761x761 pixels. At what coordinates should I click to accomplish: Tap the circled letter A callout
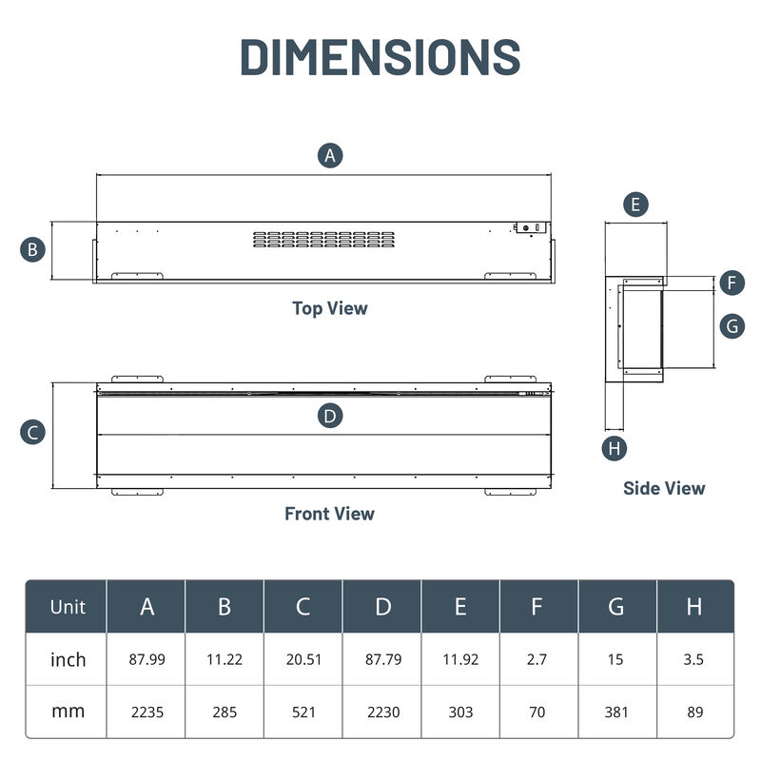[x=330, y=156]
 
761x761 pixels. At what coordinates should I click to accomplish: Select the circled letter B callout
[x=33, y=250]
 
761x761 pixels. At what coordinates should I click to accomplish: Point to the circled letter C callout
[x=33, y=432]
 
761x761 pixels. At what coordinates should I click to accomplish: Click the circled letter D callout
[x=330, y=416]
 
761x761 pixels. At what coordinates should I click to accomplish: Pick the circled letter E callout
[x=635, y=204]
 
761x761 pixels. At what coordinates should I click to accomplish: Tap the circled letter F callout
[x=732, y=283]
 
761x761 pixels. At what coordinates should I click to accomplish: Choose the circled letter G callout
[x=732, y=325]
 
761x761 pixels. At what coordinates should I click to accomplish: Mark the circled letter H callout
[x=615, y=447]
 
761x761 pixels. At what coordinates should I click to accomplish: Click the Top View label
[x=329, y=308]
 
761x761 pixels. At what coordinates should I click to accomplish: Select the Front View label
[x=329, y=514]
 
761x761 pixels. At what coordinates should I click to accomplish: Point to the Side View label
[x=664, y=488]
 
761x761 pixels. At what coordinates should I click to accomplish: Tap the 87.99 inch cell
[x=146, y=659]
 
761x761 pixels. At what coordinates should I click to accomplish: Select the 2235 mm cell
[x=146, y=711]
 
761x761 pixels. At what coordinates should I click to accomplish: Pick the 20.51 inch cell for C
[x=302, y=659]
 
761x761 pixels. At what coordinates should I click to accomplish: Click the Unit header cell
[x=68, y=607]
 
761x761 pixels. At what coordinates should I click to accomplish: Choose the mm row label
[x=68, y=711]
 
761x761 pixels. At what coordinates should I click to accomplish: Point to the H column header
[x=694, y=607]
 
